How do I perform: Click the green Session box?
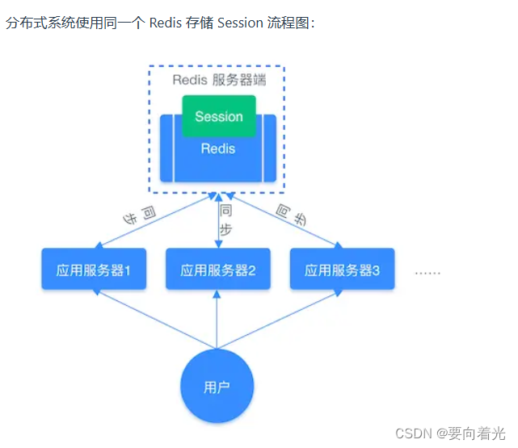click(x=218, y=116)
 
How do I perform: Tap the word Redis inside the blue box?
click(x=218, y=149)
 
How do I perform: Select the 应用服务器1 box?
click(x=94, y=270)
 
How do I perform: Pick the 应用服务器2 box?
click(x=217, y=270)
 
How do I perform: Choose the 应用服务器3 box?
click(x=342, y=270)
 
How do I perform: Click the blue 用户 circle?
click(x=217, y=387)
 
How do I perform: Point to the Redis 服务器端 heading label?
click(x=218, y=80)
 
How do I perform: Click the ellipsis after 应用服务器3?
click(x=427, y=272)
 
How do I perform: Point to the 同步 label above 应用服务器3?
click(x=293, y=214)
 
